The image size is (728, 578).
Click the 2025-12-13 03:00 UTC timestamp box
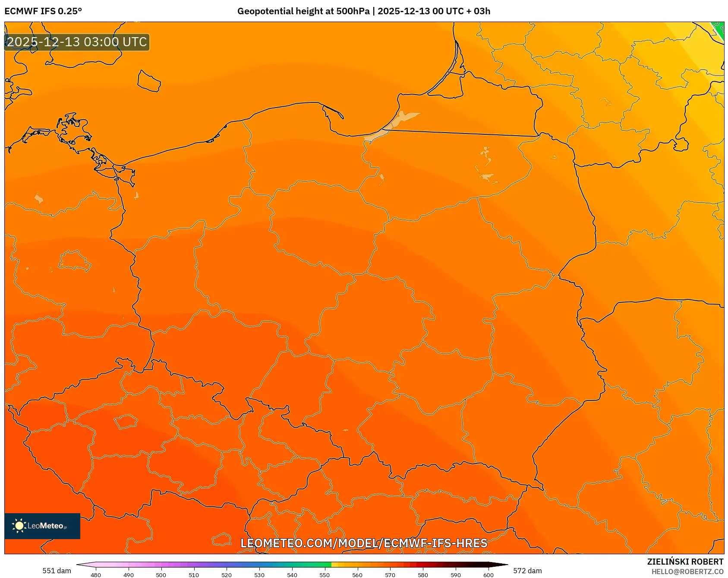click(77, 42)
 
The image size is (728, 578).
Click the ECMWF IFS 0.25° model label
click(43, 11)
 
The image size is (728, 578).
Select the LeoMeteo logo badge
click(42, 526)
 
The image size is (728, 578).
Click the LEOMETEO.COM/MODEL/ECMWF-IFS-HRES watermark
click(364, 543)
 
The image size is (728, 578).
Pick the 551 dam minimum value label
click(57, 571)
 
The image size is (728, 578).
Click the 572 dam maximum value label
click(527, 571)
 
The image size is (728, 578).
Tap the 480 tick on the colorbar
click(96, 575)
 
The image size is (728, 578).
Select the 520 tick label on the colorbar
click(227, 575)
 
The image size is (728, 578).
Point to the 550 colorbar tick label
click(325, 575)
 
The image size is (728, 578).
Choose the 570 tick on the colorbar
click(390, 575)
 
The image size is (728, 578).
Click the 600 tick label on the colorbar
click(488, 575)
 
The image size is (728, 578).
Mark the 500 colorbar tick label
click(161, 575)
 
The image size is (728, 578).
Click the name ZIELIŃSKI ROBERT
click(685, 562)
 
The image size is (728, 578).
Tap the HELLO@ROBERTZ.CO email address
click(687, 572)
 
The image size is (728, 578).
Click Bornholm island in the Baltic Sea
click(149, 81)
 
